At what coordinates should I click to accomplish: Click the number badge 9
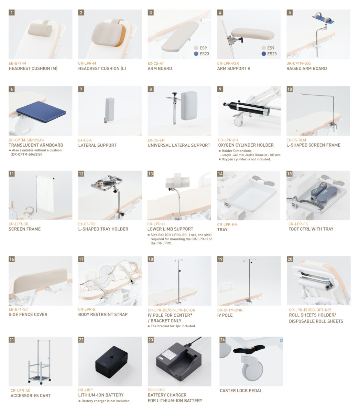click(220, 89)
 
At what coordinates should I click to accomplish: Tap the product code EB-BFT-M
click(17, 63)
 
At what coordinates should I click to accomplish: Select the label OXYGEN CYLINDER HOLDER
click(246, 145)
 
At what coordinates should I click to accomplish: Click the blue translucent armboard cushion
click(41, 112)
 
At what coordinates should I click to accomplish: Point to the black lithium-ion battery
click(111, 362)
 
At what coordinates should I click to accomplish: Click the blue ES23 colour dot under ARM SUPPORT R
click(263, 54)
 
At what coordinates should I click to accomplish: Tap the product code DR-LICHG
click(156, 390)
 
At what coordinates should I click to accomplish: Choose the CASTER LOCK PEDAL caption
click(241, 391)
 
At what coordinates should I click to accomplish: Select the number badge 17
click(81, 259)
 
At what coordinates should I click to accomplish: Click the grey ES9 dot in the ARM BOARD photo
click(196, 48)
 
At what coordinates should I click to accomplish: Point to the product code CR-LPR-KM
click(227, 224)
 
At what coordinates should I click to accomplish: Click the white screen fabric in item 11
click(45, 193)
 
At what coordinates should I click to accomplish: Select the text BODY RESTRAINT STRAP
click(103, 314)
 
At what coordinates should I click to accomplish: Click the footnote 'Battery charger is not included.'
click(106, 401)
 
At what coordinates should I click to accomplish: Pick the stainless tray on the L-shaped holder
click(107, 183)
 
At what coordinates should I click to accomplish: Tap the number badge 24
click(222, 340)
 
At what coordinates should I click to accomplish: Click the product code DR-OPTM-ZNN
click(230, 310)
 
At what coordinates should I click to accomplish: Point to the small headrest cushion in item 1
click(40, 30)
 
